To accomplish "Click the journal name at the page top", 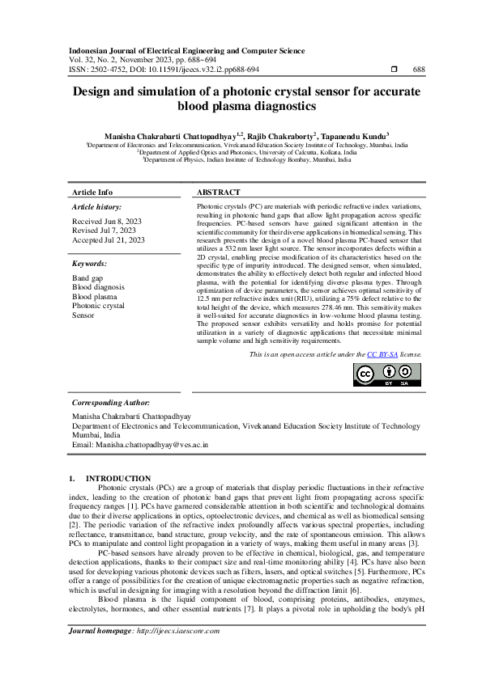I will (186, 50).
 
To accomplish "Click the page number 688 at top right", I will (419, 70).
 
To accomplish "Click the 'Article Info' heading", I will (93, 192).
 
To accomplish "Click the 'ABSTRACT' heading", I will (219, 192).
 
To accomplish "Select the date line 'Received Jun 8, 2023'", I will (108, 221).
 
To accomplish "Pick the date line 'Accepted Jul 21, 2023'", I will (109, 240).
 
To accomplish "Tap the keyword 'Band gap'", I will (87, 278).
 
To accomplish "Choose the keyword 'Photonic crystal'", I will (98, 307).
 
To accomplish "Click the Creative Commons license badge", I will (386, 374).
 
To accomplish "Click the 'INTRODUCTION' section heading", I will (118, 479).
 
